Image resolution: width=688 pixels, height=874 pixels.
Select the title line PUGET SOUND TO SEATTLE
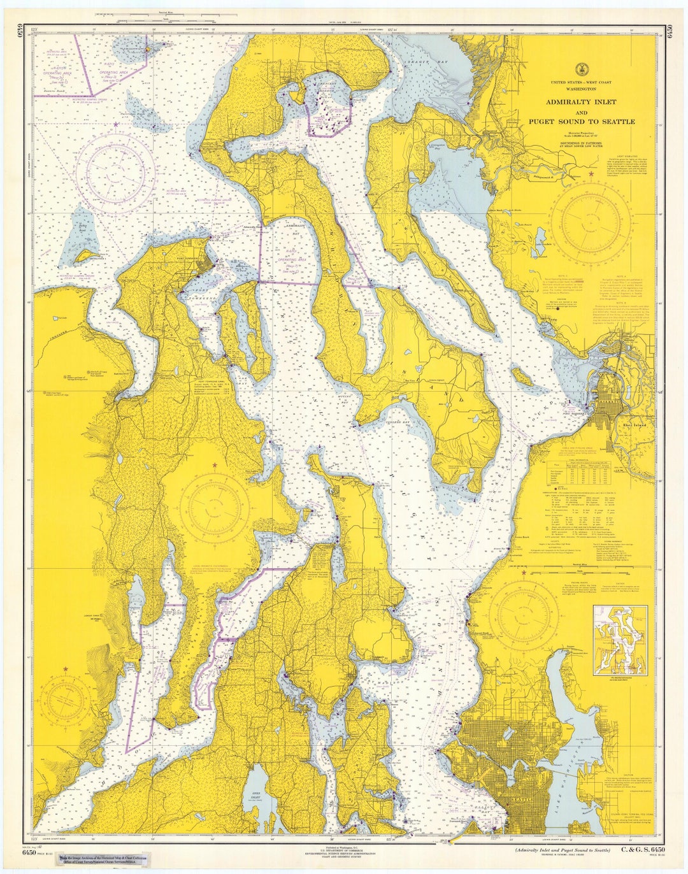pyautogui.click(x=581, y=121)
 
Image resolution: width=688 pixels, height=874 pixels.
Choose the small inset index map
pyautogui.click(x=620, y=640)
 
